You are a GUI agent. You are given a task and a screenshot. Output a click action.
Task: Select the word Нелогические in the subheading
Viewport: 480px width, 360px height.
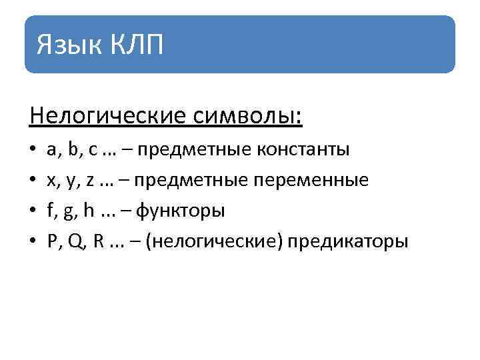pyautogui.click(x=105, y=117)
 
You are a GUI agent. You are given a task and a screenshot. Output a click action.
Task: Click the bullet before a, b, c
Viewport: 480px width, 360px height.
pyautogui.click(x=33, y=150)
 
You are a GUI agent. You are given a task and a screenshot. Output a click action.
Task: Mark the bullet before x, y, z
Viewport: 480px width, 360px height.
pyautogui.click(x=33, y=181)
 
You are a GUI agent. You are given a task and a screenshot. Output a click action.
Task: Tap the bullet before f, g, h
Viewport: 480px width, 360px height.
pyautogui.click(x=33, y=211)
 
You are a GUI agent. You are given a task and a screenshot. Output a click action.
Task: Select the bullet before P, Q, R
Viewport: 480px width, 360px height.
pyautogui.click(x=33, y=242)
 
